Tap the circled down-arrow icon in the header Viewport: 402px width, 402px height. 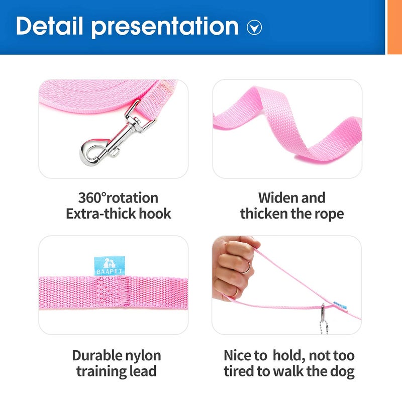coord(254,28)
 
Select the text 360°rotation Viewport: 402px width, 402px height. coord(118,197)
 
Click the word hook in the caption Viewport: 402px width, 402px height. coord(154,214)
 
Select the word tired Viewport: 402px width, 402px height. coord(241,372)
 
